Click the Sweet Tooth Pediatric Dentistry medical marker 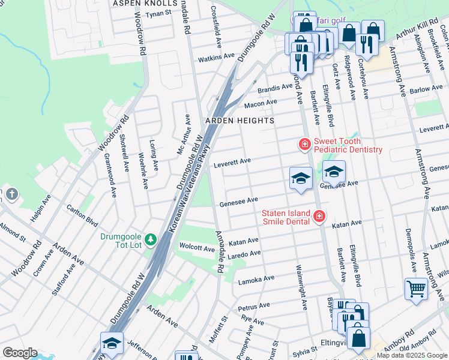tap(305, 144)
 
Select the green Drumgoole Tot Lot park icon tap(151, 239)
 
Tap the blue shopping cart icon tap(416, 290)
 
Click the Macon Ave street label tap(261, 103)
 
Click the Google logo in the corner tap(20, 353)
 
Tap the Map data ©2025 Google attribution tap(411, 355)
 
